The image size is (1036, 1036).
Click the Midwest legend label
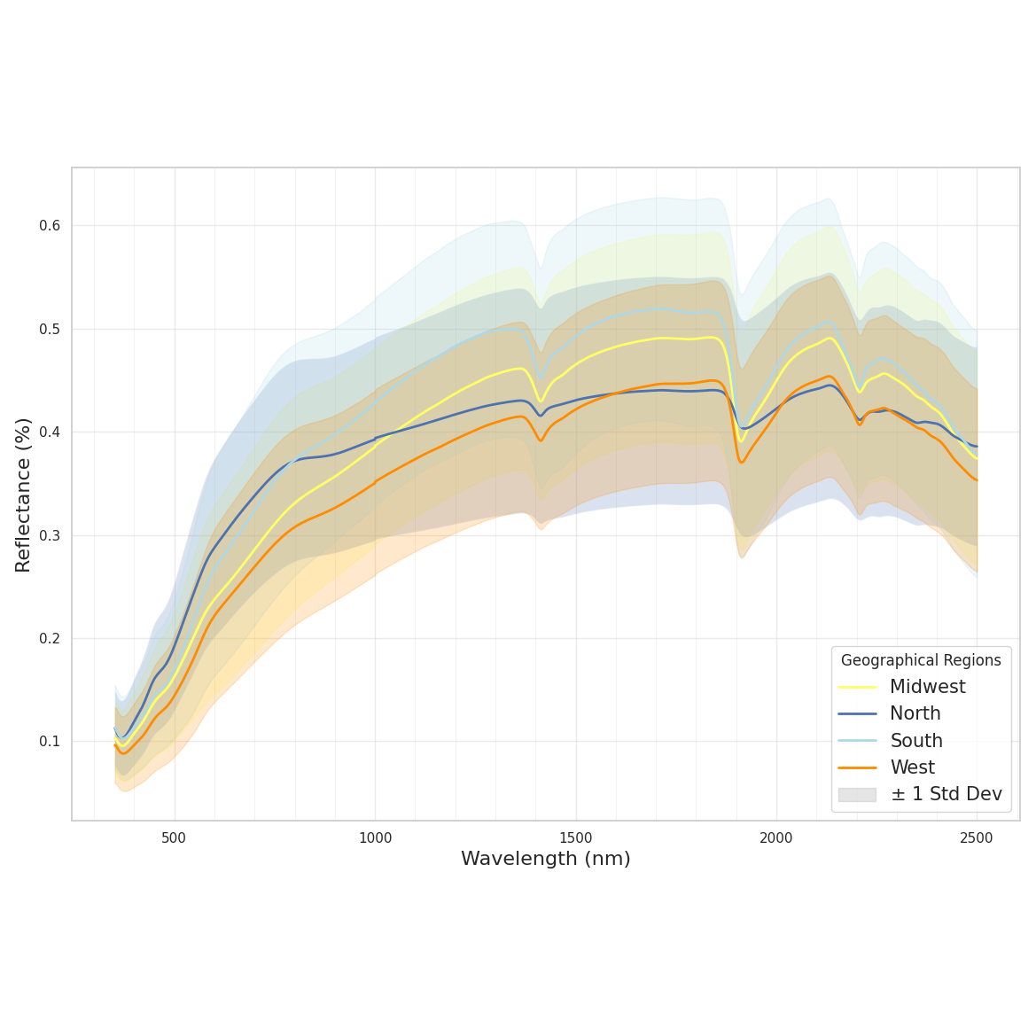point(927,687)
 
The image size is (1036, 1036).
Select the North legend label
point(915,713)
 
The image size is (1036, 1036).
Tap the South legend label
point(915,741)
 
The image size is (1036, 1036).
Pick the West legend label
point(912,767)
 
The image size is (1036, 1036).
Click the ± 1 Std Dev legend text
point(946,794)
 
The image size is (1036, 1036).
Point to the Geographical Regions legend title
point(921,660)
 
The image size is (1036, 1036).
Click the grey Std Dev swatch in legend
point(857,795)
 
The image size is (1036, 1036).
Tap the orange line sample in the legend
point(857,767)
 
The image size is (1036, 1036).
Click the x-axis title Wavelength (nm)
point(545,859)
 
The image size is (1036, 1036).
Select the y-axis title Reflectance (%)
point(23,495)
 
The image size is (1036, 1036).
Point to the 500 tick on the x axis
point(175,838)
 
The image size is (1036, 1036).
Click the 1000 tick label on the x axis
point(375,838)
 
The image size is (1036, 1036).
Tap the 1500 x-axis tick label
point(576,838)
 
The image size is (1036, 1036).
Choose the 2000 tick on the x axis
point(776,838)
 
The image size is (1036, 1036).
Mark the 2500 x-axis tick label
point(977,838)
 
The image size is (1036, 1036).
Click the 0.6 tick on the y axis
point(50,226)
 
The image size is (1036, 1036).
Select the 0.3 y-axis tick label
point(50,535)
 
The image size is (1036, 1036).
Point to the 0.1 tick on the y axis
point(50,742)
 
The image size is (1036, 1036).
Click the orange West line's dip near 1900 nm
point(742,462)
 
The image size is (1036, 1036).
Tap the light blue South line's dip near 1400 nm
point(541,378)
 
